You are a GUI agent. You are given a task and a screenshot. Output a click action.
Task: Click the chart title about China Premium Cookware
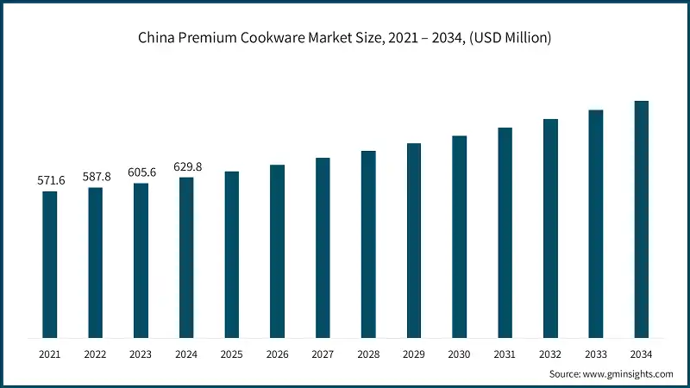344,38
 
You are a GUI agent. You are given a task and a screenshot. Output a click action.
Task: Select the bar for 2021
50,264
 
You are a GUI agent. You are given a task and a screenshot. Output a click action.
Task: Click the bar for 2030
459,236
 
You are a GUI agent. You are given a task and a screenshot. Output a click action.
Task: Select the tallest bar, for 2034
641,219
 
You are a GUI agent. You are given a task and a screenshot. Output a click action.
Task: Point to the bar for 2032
550,228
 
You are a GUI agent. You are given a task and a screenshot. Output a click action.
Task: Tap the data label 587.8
96,177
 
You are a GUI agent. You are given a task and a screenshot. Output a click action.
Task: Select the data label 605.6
141,172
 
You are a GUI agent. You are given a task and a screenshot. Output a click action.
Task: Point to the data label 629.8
186,166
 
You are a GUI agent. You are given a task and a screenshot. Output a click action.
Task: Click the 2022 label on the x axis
96,354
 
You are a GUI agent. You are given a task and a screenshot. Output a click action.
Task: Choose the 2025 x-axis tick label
232,354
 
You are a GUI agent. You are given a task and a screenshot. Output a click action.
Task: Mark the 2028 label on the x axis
368,354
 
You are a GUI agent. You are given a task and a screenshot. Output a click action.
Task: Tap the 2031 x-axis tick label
505,354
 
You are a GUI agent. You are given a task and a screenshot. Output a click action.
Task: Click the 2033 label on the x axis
595,354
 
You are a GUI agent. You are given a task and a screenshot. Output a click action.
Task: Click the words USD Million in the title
513,38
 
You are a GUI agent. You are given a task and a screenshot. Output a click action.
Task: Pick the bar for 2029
414,241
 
